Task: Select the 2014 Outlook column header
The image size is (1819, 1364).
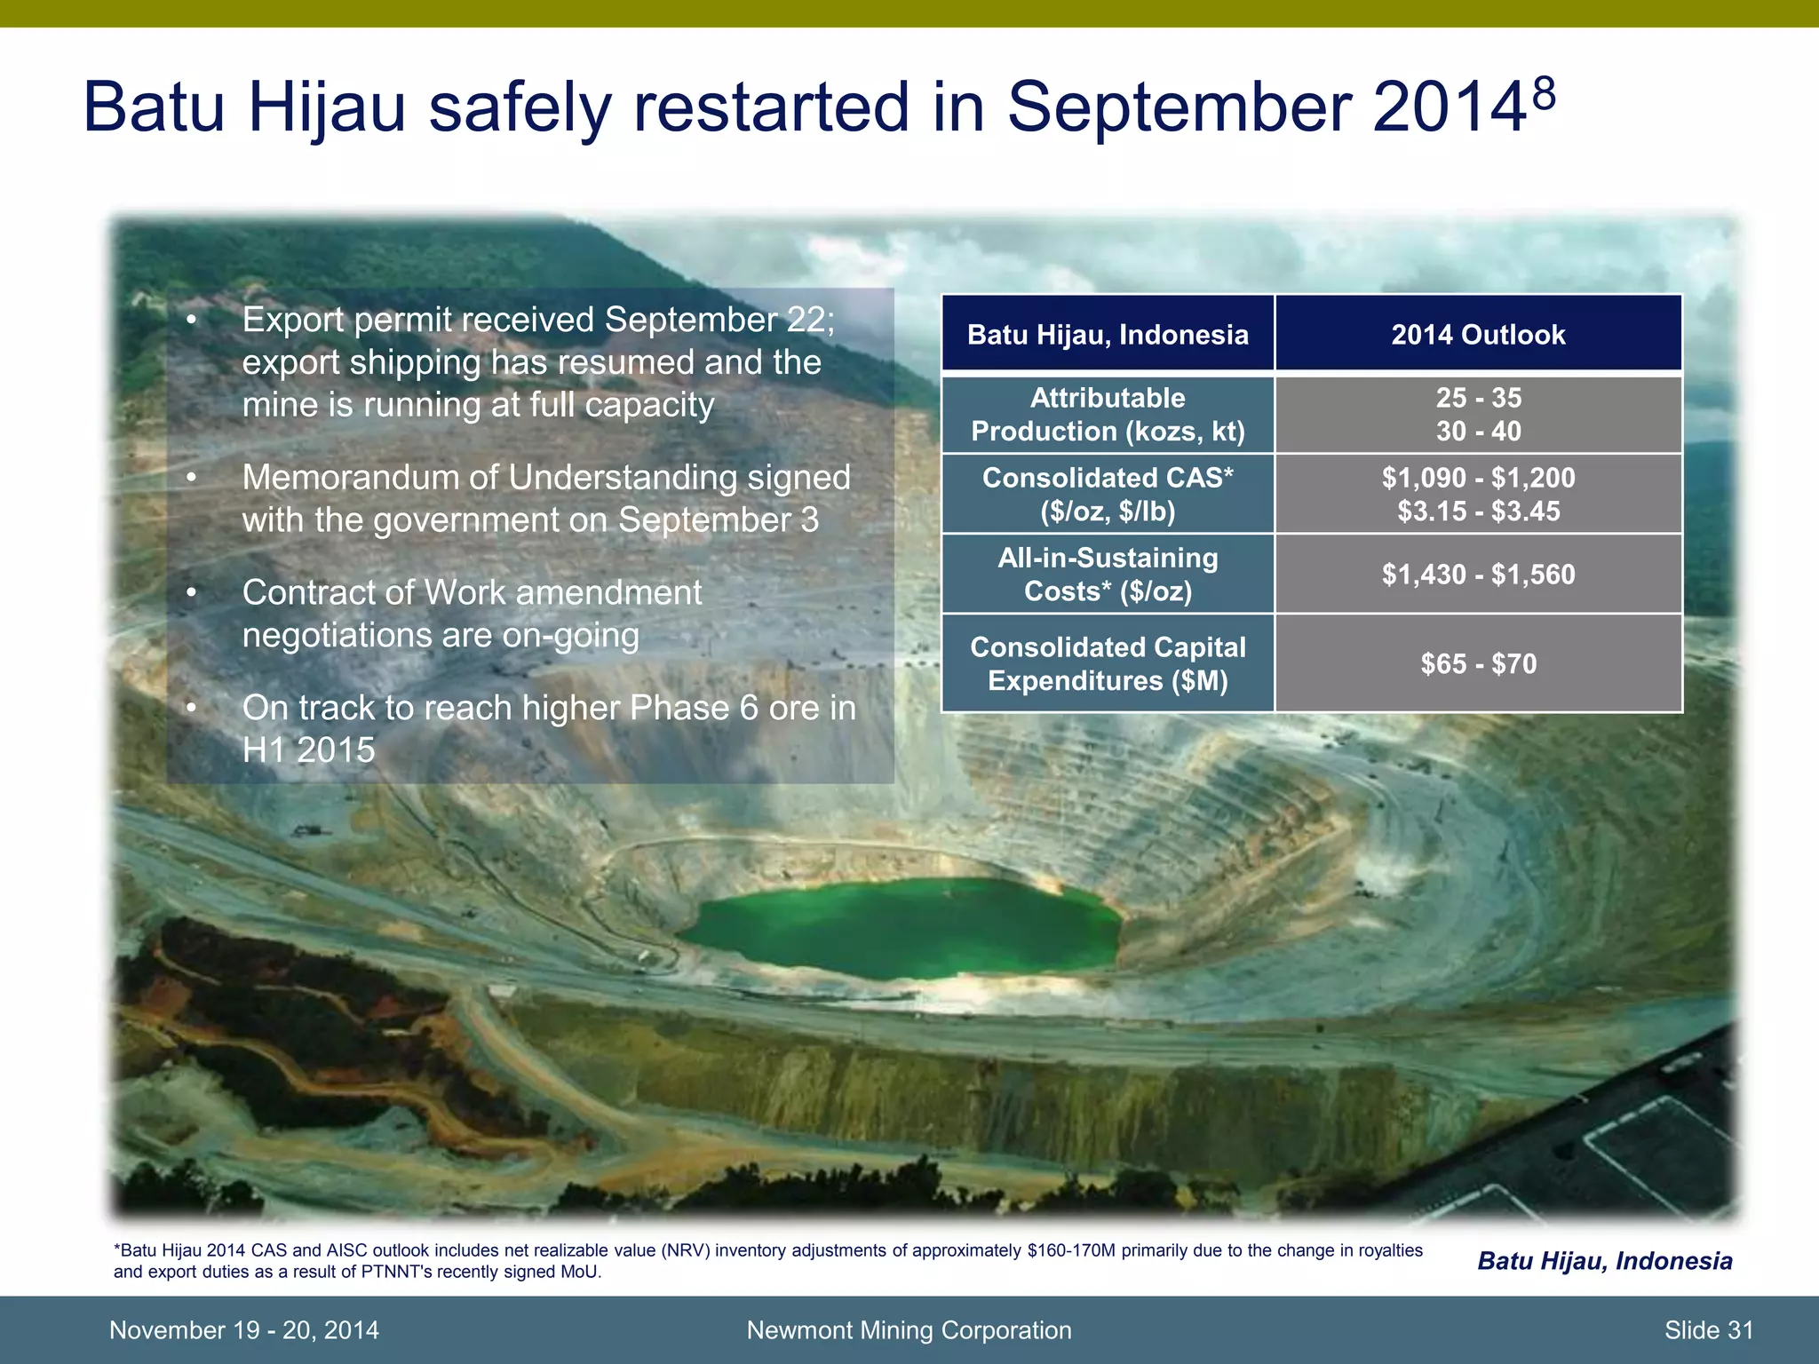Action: click(x=1478, y=335)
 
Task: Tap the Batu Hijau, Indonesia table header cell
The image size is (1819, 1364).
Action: click(x=1108, y=335)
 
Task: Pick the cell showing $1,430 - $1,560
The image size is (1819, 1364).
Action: click(x=1478, y=575)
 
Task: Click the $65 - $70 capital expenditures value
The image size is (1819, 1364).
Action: click(x=1478, y=663)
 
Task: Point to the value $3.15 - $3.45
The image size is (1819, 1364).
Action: click(x=1478, y=511)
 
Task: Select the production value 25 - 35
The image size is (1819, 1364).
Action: click(x=1478, y=398)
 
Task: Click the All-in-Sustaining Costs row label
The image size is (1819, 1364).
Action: click(x=1108, y=575)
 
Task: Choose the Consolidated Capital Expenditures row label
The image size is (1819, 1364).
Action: click(x=1108, y=663)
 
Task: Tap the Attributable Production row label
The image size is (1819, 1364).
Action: click(x=1108, y=414)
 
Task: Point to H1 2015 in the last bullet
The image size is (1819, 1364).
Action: click(x=308, y=750)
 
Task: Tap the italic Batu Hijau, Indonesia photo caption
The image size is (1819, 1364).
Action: click(x=1604, y=1261)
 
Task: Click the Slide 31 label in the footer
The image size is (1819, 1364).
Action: click(x=1708, y=1330)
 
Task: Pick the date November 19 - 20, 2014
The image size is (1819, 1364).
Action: click(x=243, y=1330)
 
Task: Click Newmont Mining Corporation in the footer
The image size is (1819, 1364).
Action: click(x=909, y=1330)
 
